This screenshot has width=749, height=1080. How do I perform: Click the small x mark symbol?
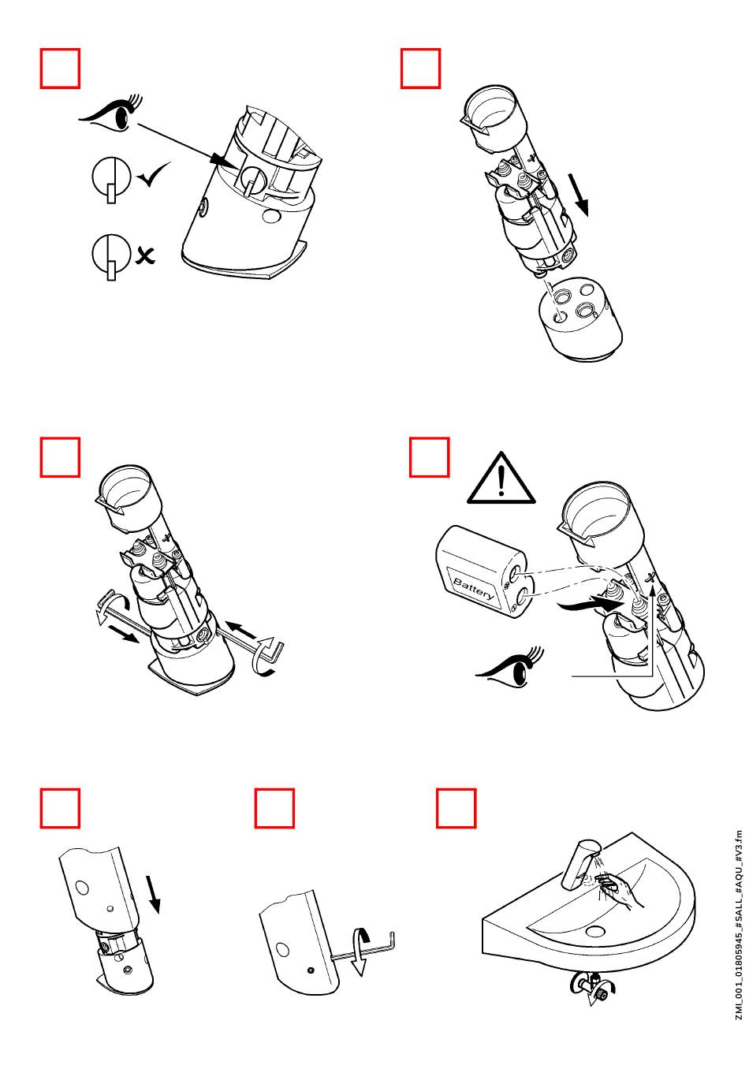point(144,255)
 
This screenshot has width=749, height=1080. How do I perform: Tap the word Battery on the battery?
point(475,588)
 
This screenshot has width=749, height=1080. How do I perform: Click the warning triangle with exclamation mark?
point(501,479)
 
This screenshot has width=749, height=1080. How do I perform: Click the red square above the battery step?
point(430,458)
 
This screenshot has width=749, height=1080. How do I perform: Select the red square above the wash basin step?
point(456,808)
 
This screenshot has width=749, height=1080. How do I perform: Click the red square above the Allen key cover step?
point(274,808)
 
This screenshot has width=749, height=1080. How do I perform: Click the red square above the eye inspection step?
point(60,69)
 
